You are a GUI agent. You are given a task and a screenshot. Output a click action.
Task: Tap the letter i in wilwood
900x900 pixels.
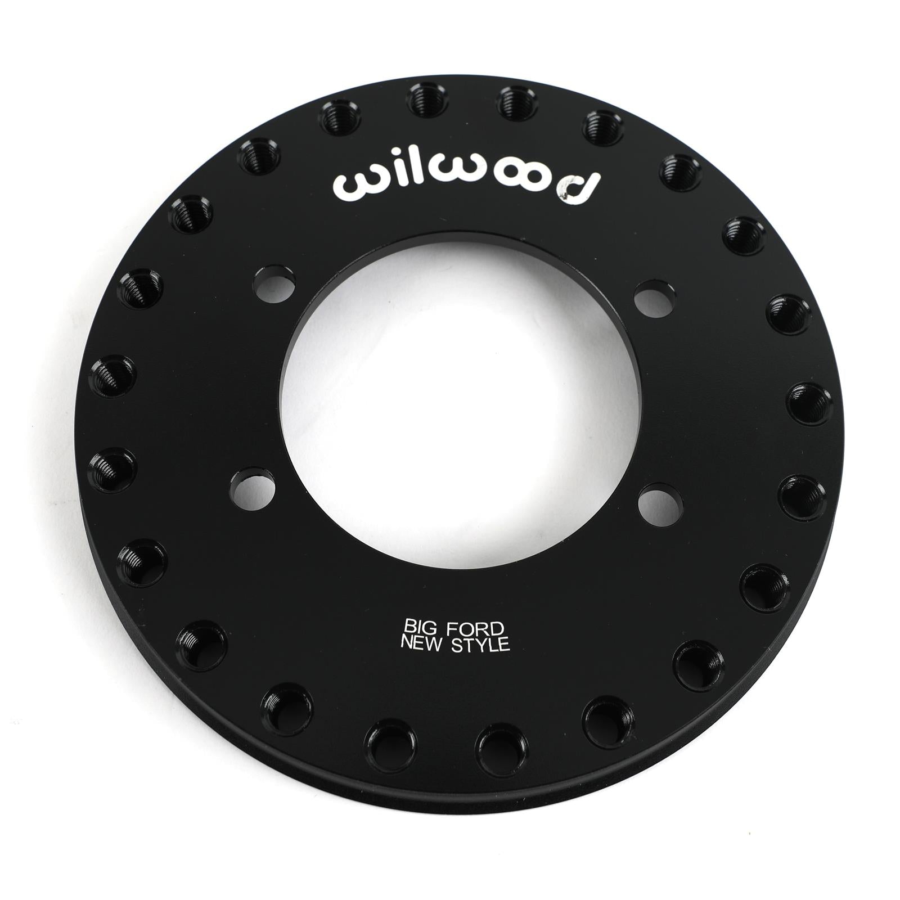pos(386,181)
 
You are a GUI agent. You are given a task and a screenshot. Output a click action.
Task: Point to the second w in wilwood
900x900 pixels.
pos(435,182)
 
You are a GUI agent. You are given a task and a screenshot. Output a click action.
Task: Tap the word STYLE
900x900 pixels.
pos(480,645)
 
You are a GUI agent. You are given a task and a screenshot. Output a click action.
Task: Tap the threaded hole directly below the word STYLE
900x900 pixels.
pos(499,752)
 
